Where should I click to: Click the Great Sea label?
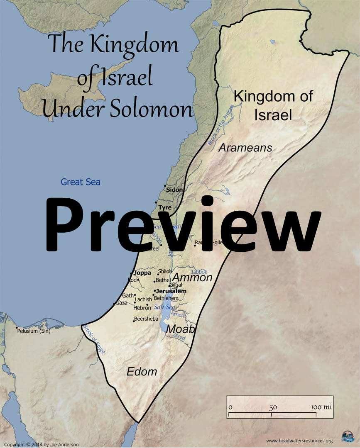coord(81,182)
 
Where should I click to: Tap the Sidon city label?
coord(174,190)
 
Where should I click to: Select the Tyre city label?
coord(165,207)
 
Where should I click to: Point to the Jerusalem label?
coord(171,291)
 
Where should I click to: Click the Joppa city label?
coord(142,273)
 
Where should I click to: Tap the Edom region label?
coord(142,371)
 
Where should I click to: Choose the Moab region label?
coord(180,329)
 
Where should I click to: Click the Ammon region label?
coord(192,278)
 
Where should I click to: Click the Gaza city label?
coord(121,303)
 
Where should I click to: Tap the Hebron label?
coord(142,308)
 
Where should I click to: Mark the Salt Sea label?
coord(164,307)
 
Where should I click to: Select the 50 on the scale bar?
coord(273,407)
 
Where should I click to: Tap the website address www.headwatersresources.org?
coord(299,441)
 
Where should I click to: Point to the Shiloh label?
coord(165,271)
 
